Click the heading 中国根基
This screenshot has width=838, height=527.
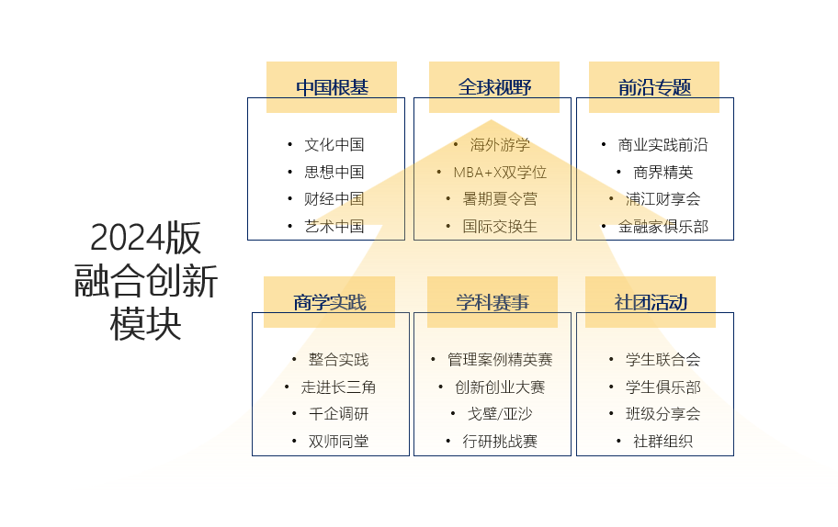click(332, 87)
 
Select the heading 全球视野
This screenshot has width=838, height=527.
click(494, 87)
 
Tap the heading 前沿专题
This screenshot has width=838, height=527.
click(654, 87)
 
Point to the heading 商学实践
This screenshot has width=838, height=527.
click(330, 302)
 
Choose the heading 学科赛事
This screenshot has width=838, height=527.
click(493, 302)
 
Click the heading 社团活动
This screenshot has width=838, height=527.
click(651, 302)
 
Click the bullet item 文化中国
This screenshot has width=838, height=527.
click(334, 144)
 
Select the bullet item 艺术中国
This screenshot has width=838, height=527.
click(334, 226)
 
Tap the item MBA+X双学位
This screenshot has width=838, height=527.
click(500, 172)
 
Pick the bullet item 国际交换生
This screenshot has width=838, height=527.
click(500, 226)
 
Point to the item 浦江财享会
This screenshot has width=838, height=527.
click(662, 198)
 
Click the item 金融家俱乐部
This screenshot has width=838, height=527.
click(662, 226)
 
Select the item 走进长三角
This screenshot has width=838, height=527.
click(338, 387)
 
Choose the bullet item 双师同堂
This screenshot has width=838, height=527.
click(338, 442)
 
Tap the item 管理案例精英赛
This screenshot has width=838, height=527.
click(500, 360)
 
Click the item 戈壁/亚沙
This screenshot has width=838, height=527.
click(500, 414)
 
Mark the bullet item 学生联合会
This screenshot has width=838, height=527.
click(662, 360)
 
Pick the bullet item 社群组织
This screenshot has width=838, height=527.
click(662, 442)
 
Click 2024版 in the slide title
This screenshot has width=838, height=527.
click(145, 239)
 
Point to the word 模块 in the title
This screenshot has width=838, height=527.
click(145, 323)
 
